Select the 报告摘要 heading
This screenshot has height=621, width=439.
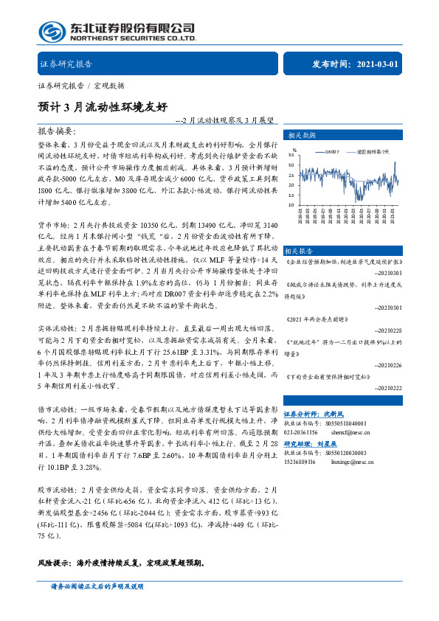point(57,130)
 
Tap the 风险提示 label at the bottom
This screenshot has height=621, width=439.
point(56,562)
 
